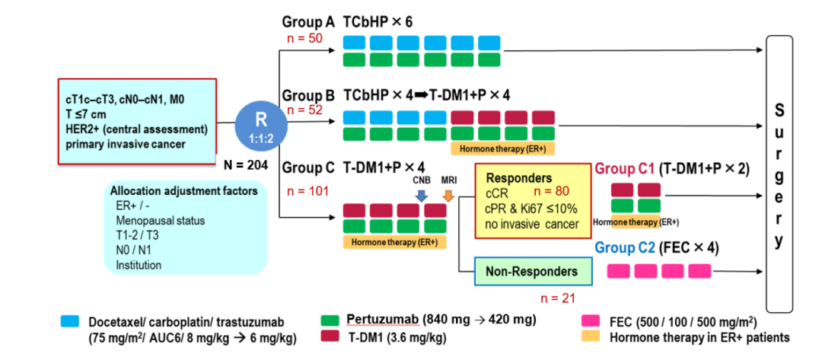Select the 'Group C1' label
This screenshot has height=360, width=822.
[x=624, y=168]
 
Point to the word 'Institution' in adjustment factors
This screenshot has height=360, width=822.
[x=139, y=265]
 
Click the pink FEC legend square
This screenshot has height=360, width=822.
[x=586, y=322]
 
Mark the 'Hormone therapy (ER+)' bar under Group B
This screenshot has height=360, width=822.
[x=502, y=148]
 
